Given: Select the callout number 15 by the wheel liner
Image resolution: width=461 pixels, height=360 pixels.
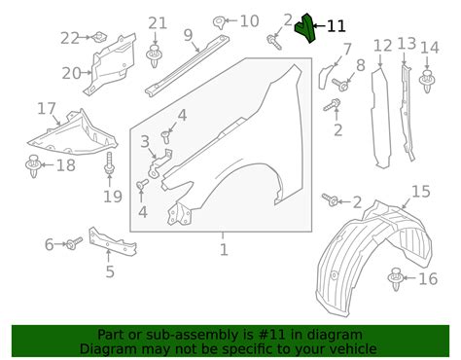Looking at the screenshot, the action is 420,191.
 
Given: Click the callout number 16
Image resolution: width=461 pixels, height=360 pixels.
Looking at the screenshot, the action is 428,279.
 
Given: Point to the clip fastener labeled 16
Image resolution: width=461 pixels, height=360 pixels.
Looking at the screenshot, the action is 396,280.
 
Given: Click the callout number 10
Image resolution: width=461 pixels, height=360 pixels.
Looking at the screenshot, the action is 249,20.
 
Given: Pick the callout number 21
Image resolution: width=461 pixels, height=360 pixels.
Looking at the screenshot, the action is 158,23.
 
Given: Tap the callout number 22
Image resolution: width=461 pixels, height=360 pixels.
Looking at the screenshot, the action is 69,38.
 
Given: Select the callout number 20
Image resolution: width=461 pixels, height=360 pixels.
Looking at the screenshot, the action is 71,73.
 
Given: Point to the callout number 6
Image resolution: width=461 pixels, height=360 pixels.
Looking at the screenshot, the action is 49,244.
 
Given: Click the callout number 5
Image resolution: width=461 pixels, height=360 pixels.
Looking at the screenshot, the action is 110,272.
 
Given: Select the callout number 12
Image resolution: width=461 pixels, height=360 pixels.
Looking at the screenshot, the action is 382,46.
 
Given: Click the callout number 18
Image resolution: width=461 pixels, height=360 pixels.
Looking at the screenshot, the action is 64,165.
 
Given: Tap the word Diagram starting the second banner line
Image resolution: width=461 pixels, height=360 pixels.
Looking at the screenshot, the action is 111,347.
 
